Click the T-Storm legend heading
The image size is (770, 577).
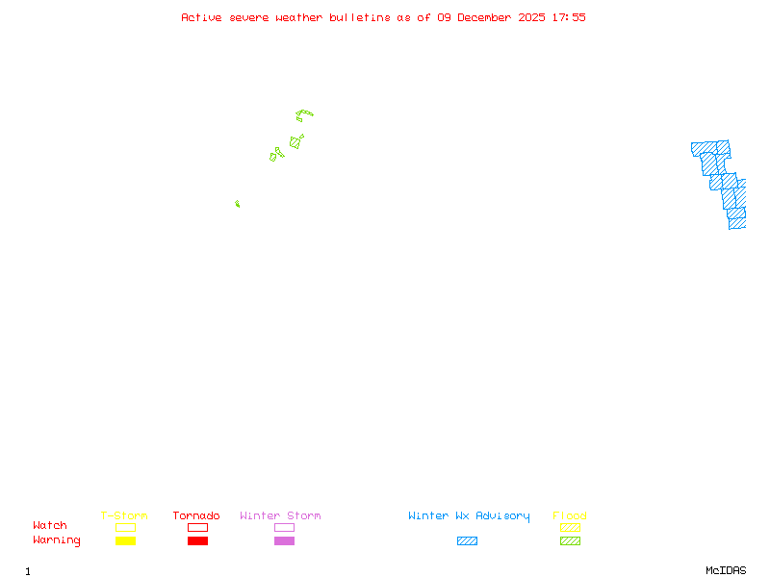tap(124, 516)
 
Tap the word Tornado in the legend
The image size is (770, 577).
tap(196, 516)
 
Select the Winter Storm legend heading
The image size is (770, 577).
tap(280, 516)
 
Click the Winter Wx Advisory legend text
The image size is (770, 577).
tap(469, 516)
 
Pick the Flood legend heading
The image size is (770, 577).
tap(570, 516)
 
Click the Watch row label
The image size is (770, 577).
tap(50, 526)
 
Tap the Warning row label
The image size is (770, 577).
tap(57, 540)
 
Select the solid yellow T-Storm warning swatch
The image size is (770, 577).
tap(125, 541)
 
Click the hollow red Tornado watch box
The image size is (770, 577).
tap(197, 527)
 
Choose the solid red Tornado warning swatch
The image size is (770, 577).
tap(197, 541)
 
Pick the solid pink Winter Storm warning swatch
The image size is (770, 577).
tap(284, 541)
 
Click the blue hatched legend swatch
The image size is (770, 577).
tap(467, 541)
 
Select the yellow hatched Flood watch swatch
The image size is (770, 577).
tap(570, 527)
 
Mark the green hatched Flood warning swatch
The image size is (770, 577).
tap(570, 541)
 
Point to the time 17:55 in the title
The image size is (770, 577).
tap(568, 17)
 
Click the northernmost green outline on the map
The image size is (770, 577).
tap(304, 115)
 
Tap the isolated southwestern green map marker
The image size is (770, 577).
tap(237, 204)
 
